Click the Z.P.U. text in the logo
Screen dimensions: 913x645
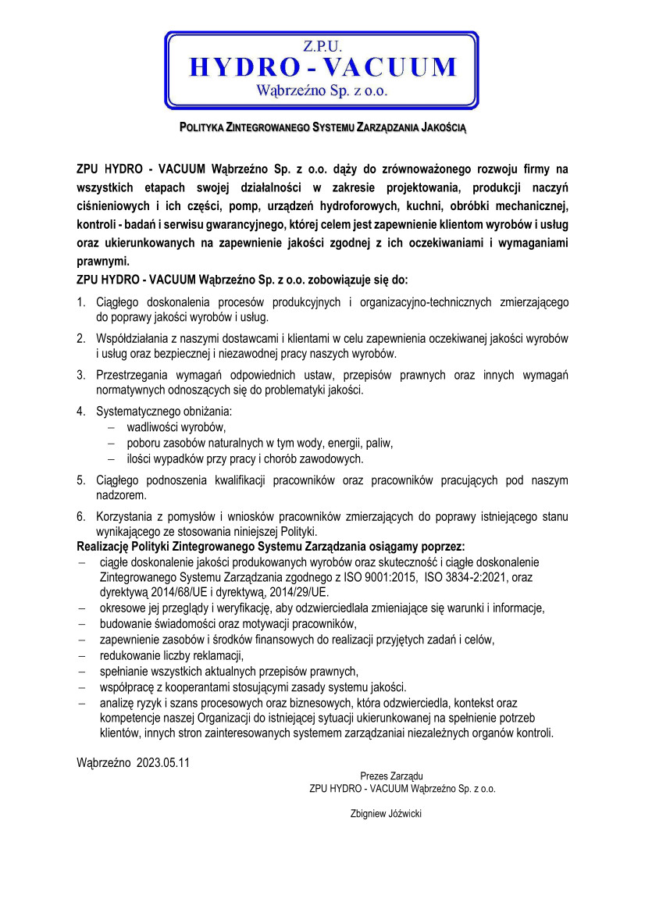point(322,47)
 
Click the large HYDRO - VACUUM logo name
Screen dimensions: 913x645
point(322,67)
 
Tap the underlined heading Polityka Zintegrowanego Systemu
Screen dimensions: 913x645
point(322,126)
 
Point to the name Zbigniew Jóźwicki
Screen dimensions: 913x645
point(387,813)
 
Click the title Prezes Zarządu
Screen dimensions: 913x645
point(391,776)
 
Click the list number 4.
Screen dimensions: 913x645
point(80,411)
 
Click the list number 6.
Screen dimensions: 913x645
point(80,516)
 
